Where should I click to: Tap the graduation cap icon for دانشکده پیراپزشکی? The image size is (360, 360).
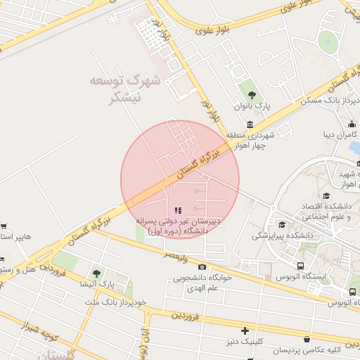click(282, 225)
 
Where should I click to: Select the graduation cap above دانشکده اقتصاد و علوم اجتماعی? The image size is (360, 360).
click(326, 196)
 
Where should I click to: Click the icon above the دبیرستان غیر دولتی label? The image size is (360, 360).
click(178, 210)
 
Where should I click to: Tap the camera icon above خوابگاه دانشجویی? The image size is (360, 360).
click(202, 266)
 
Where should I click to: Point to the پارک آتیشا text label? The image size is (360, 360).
click(96, 285)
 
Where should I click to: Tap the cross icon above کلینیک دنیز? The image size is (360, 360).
click(245, 330)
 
